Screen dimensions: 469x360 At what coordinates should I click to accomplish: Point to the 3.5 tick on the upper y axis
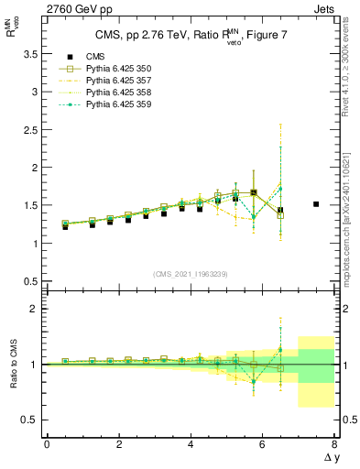point(29,55)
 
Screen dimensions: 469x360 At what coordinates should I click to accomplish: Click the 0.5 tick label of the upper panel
point(29,281)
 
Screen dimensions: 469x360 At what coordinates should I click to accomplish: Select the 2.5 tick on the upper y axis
point(29,130)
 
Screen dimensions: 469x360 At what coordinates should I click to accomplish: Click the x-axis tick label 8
point(334,444)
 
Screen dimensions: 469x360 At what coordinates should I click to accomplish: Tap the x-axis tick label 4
point(191,444)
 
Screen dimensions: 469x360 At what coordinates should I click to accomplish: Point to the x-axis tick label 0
point(47,444)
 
